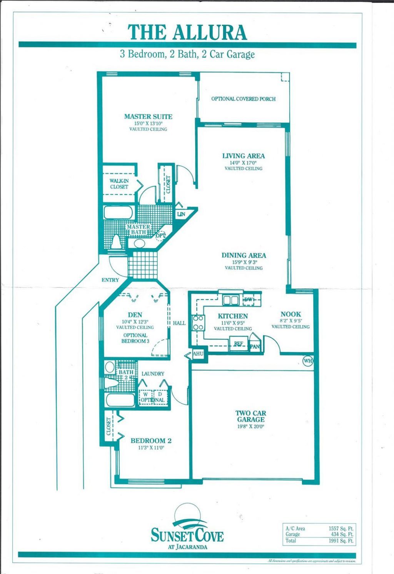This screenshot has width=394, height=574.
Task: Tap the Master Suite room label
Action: pyautogui.click(x=148, y=117)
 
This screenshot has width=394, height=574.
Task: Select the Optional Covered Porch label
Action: pyautogui.click(x=243, y=99)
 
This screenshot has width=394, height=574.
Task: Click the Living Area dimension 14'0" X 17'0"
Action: pyautogui.click(x=244, y=162)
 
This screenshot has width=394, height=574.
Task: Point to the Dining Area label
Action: pyautogui.click(x=244, y=255)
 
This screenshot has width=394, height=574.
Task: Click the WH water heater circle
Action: pyautogui.click(x=308, y=361)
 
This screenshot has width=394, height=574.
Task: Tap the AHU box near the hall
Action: pyautogui.click(x=198, y=354)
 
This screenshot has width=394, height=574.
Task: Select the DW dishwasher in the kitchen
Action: pyautogui.click(x=248, y=300)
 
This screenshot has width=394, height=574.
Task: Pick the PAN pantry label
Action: pyautogui.click(x=255, y=347)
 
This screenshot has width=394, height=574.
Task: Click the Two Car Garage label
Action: pyautogui.click(x=251, y=416)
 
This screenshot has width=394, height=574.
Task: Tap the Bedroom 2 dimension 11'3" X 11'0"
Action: pyautogui.click(x=151, y=448)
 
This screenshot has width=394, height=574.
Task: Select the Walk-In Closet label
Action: pyautogui.click(x=119, y=184)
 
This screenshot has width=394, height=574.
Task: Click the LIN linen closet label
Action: pyautogui.click(x=181, y=214)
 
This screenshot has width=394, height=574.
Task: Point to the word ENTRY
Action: pyautogui.click(x=110, y=280)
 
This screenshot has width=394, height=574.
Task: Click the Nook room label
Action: pyautogui.click(x=290, y=314)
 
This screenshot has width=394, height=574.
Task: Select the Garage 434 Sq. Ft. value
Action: pyautogui.click(x=342, y=534)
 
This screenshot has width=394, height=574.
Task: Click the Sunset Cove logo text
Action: pyautogui.click(x=187, y=535)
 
